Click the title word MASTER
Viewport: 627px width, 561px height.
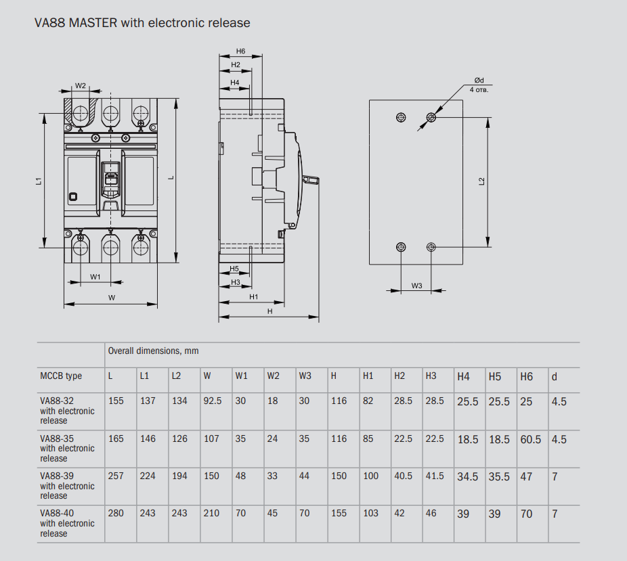click(93, 23)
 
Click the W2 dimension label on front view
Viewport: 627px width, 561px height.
click(81, 86)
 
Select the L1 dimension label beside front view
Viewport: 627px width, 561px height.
click(39, 181)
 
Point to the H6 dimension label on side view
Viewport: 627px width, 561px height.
click(241, 51)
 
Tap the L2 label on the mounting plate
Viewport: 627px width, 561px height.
click(481, 181)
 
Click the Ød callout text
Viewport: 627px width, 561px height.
click(479, 81)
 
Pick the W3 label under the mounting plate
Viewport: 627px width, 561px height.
click(416, 286)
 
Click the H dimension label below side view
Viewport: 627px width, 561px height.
click(269, 311)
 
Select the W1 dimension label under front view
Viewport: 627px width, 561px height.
click(95, 277)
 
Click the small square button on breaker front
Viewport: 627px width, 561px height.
click(73, 197)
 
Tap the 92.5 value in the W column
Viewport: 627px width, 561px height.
click(213, 401)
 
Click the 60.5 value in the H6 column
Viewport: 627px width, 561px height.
click(530, 439)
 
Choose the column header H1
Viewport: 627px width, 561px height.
click(368, 376)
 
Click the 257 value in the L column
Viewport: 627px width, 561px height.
click(116, 476)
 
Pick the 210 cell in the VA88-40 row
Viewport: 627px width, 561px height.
click(211, 513)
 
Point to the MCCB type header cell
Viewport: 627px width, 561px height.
click(61, 376)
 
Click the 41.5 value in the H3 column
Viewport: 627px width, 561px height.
click(435, 476)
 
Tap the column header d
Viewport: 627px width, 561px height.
click(555, 376)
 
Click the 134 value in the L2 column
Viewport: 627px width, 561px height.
click(179, 401)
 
